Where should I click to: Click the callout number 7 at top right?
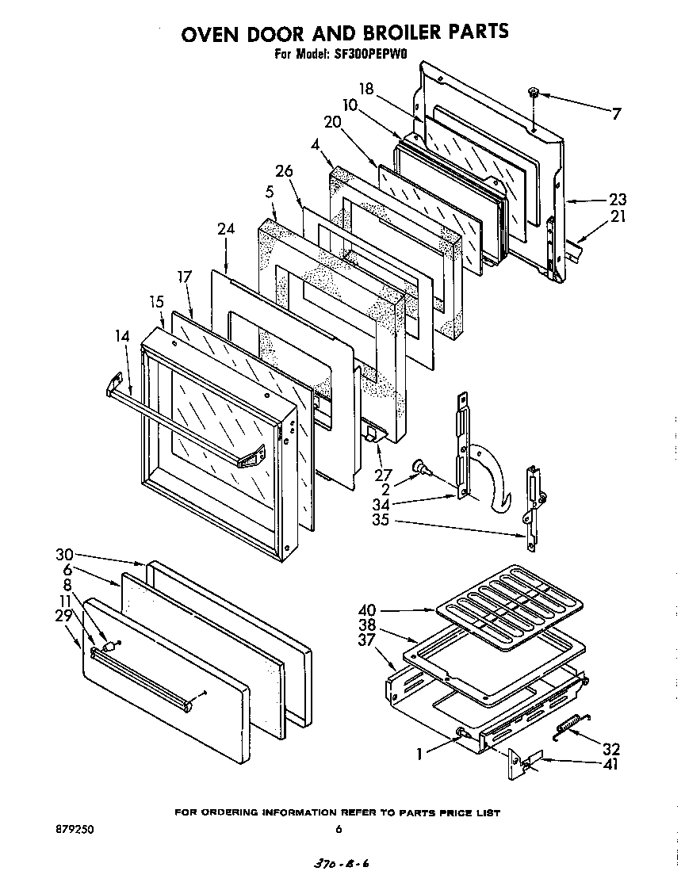click(x=615, y=114)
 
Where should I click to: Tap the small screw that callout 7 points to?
click(x=534, y=94)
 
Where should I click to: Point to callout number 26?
click(x=284, y=171)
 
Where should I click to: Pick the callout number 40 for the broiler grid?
click(x=367, y=611)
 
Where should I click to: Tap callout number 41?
click(x=610, y=765)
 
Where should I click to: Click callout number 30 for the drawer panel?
click(x=64, y=554)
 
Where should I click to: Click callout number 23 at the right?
click(x=617, y=200)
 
